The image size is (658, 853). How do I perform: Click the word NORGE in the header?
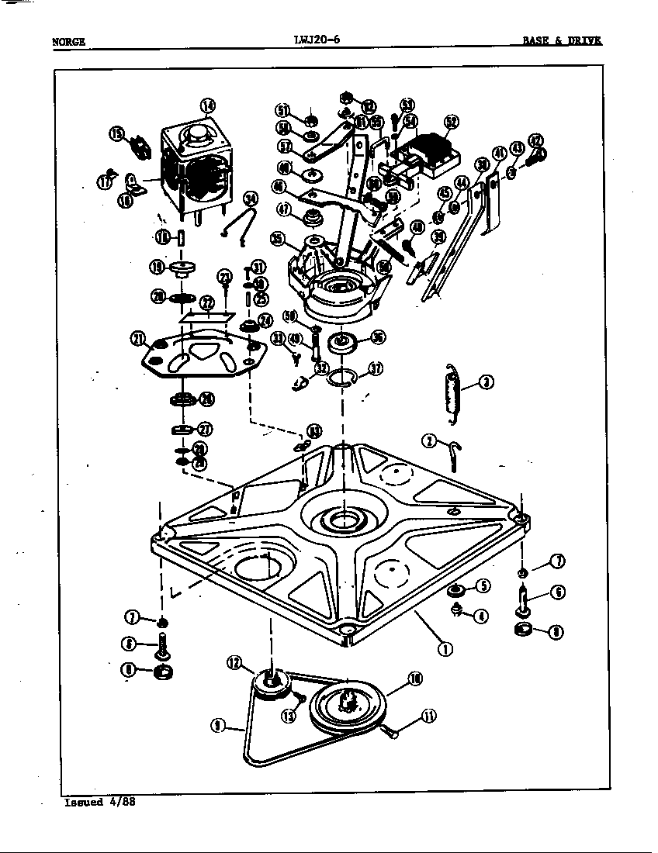click(68, 42)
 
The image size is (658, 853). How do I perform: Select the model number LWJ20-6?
click(317, 40)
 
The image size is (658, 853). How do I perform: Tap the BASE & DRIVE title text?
click(562, 41)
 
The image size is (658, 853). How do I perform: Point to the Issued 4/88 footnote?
click(100, 802)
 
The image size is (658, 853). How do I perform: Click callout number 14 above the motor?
click(207, 106)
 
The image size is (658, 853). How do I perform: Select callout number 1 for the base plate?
click(445, 649)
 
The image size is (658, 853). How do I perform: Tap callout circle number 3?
click(486, 382)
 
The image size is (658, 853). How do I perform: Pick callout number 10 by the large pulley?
click(414, 679)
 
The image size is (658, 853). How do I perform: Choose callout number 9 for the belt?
click(219, 725)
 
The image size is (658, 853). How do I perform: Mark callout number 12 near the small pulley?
click(235, 662)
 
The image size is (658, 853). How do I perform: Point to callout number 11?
click(427, 716)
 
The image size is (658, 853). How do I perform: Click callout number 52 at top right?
click(451, 122)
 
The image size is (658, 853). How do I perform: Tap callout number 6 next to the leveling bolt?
click(556, 592)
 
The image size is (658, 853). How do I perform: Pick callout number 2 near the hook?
click(428, 441)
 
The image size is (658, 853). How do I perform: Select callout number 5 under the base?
click(483, 586)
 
